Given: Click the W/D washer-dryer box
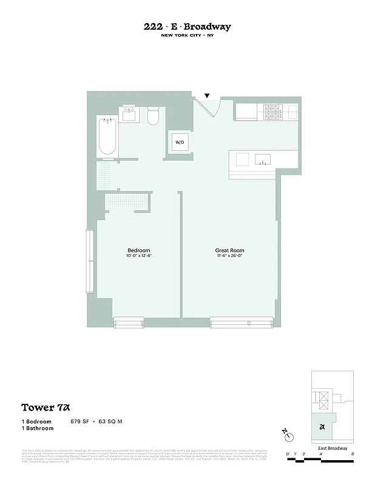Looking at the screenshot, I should pyautogui.click(x=180, y=142).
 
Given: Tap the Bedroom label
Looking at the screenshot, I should pyautogui.click(x=138, y=250).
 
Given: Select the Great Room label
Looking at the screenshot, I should pyautogui.click(x=229, y=250).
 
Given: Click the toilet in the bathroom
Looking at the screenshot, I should pyautogui.click(x=153, y=115).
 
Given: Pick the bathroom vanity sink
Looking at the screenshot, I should pyautogui.click(x=129, y=113).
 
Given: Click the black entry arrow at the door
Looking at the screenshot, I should pyautogui.click(x=207, y=96).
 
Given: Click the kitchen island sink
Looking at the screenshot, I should pyautogui.click(x=263, y=159).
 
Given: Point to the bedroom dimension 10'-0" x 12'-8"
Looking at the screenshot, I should pyautogui.click(x=138, y=256).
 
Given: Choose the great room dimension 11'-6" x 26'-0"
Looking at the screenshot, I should pyautogui.click(x=229, y=256).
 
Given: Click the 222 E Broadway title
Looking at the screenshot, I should pyautogui.click(x=187, y=27).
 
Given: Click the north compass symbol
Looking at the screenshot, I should pyautogui.click(x=289, y=436).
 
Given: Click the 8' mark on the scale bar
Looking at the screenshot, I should pyautogui.click(x=353, y=454).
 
